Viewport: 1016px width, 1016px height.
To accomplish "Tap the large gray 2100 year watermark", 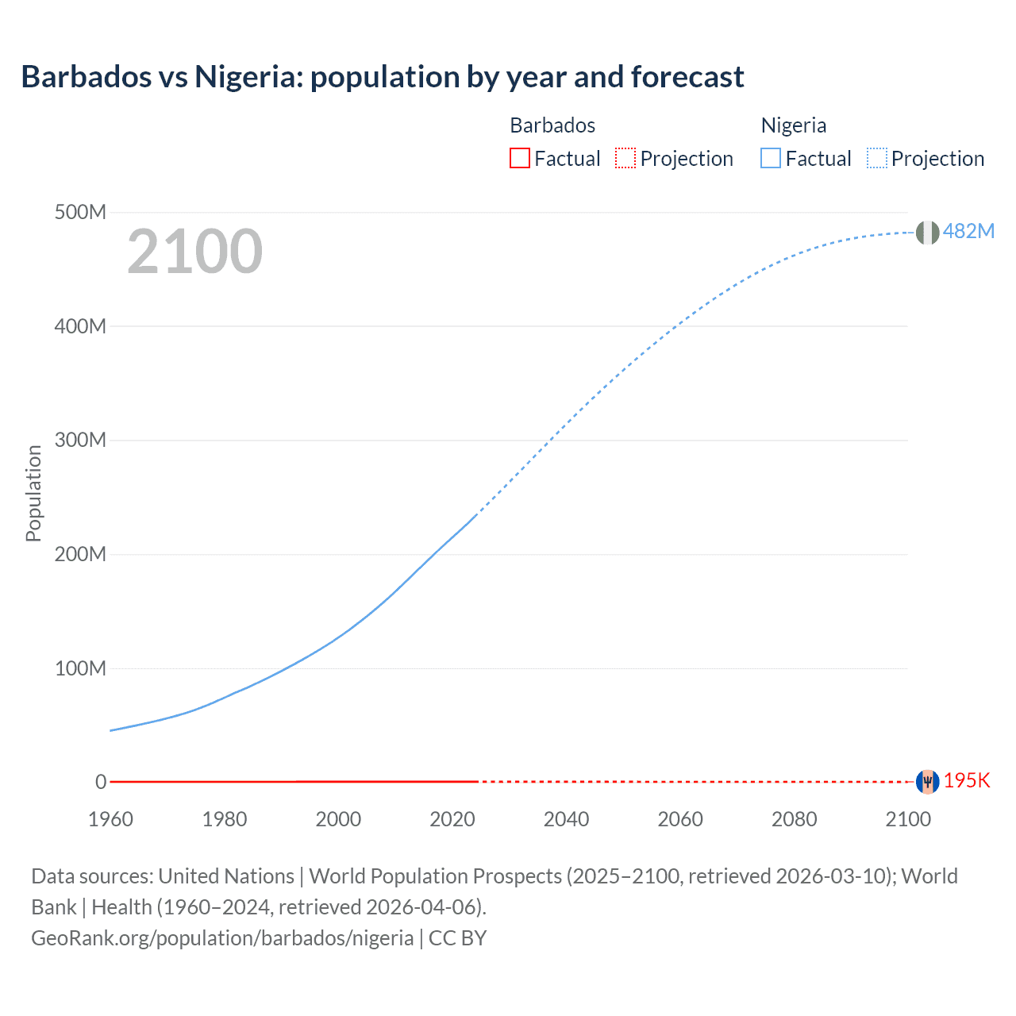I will click(x=194, y=252).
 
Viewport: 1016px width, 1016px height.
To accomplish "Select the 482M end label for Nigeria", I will click(x=968, y=231).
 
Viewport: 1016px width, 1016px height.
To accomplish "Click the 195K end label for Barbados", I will click(x=967, y=780).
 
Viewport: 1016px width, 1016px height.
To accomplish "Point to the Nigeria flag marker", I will click(x=927, y=233).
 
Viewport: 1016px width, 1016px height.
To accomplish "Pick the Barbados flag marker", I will click(x=927, y=782).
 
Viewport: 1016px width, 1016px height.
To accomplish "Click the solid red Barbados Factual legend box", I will click(x=519, y=159).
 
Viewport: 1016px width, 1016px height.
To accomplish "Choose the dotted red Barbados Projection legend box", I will click(x=625, y=159).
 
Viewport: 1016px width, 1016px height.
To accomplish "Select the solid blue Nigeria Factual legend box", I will click(x=770, y=159).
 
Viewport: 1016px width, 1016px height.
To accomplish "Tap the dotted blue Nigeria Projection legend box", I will click(x=877, y=159).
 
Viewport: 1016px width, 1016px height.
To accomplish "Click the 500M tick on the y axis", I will click(x=80, y=213).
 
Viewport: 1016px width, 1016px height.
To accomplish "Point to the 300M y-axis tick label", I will click(x=80, y=441).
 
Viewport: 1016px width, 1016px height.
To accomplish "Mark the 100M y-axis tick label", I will click(x=80, y=668).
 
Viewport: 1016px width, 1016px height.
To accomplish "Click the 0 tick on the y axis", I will click(x=101, y=782).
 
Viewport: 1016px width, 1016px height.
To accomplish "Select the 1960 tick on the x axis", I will click(x=110, y=819).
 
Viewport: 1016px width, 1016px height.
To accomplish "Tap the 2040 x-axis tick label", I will click(x=566, y=819).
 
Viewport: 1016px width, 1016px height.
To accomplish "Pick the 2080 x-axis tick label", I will click(x=794, y=819).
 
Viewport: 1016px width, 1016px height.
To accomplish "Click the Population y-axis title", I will click(x=33, y=493).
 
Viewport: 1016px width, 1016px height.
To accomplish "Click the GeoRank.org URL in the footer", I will click(x=222, y=938).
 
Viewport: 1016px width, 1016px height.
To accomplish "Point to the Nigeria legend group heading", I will click(x=794, y=125).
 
